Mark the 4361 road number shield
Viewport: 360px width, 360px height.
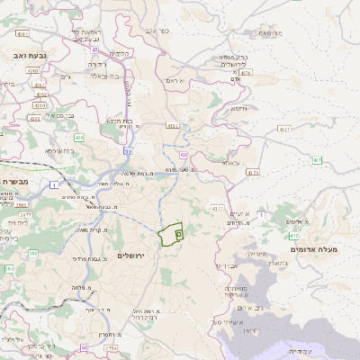pyautogui.click(x=33, y=69)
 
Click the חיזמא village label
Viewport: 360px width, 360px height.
pyautogui.click(x=237, y=109)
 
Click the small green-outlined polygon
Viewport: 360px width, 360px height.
pyautogui.click(x=171, y=235)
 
